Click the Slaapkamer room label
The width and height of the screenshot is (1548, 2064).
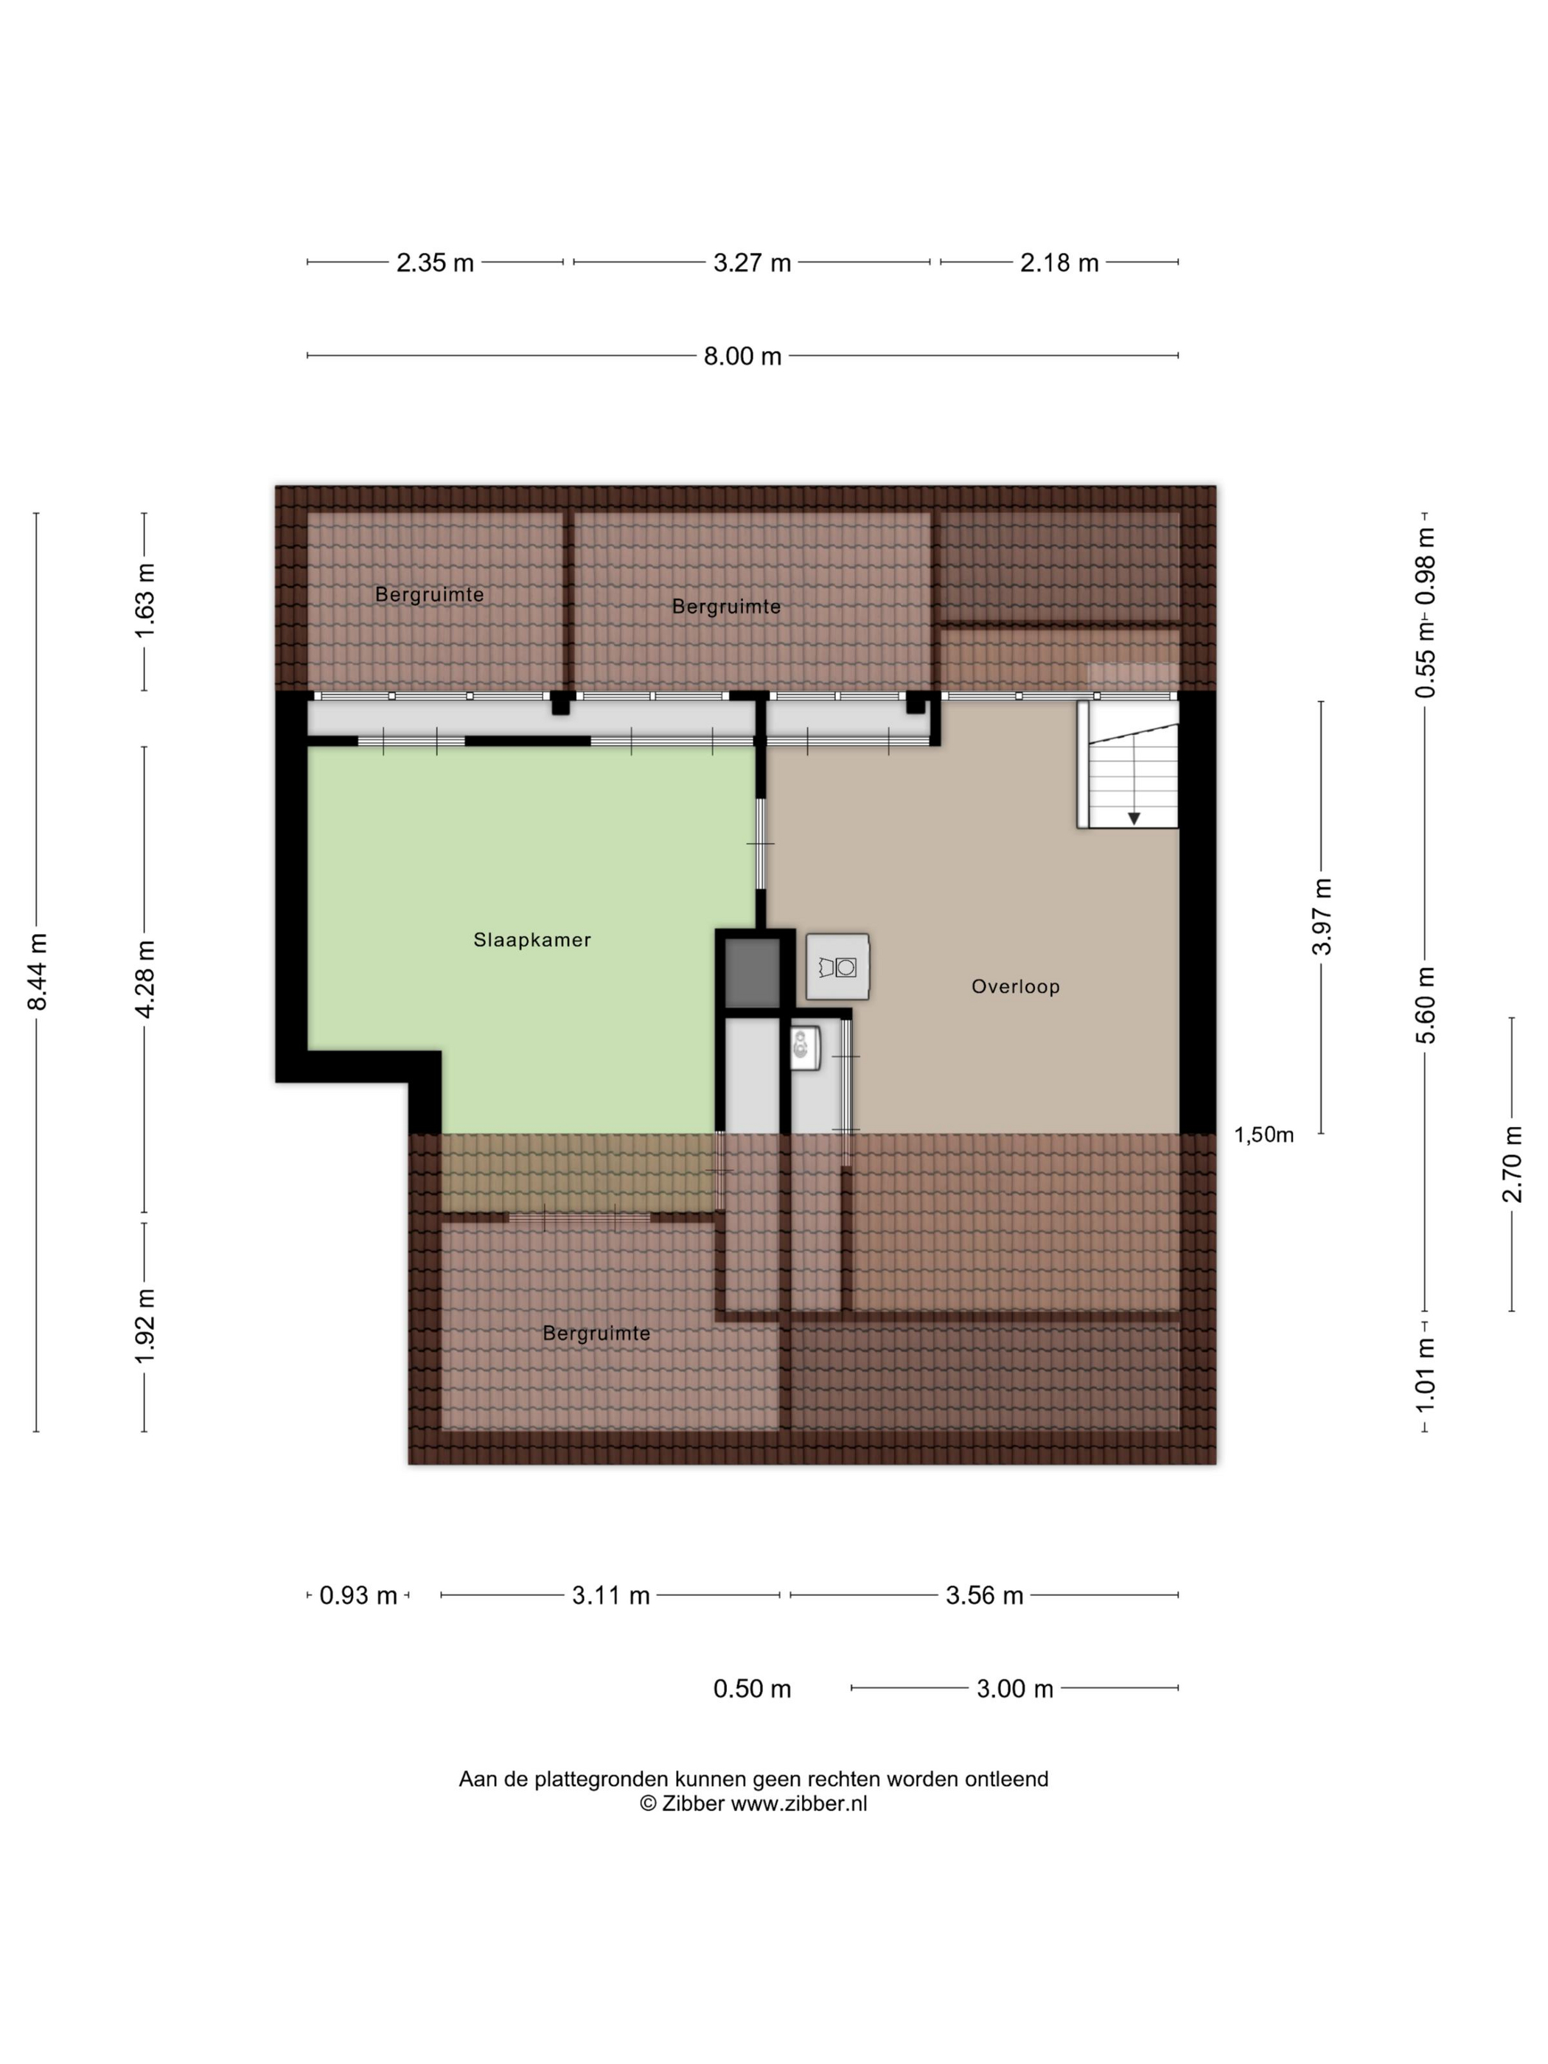pos(532,940)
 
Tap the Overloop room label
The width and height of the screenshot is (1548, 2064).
pos(1015,986)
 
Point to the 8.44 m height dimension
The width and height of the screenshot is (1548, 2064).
pos(38,972)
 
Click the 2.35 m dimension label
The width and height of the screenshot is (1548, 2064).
pos(435,263)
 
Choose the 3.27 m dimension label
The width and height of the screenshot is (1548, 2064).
pos(752,263)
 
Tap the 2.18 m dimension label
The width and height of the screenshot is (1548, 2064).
pos(1059,263)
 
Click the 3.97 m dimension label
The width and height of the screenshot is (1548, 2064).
pos(1321,916)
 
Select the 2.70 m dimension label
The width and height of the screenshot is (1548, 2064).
pos(1512,1165)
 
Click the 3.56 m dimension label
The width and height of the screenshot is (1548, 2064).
pos(984,1596)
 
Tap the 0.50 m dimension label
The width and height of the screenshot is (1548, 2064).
pos(752,1689)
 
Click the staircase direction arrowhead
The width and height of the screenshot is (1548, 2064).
pos(1134,818)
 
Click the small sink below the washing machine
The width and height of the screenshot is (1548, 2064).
pos(805,1049)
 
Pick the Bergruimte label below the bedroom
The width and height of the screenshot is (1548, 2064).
pos(596,1333)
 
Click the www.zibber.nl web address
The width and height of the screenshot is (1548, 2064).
pos(799,1804)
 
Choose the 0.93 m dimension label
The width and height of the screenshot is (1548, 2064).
pos(358,1596)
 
